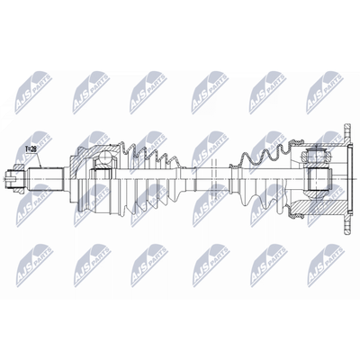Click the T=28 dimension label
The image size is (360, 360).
31,148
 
